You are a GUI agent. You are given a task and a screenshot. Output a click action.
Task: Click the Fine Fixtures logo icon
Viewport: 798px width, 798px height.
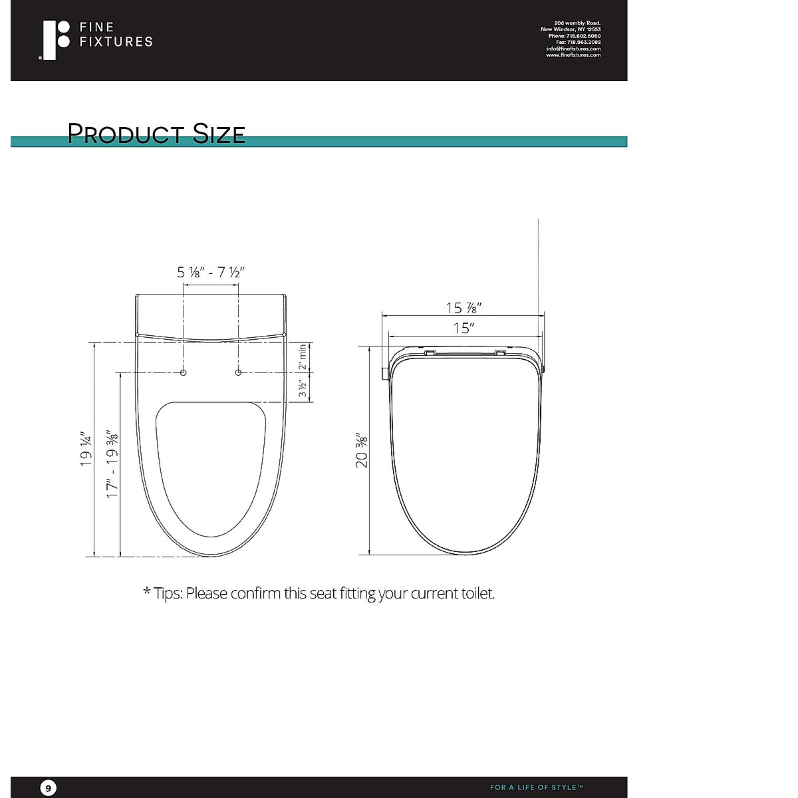coord(55,40)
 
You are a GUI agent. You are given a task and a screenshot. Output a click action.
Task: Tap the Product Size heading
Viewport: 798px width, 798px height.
coord(156,134)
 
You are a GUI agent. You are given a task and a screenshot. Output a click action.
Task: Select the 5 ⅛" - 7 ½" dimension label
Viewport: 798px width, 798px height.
coord(211,272)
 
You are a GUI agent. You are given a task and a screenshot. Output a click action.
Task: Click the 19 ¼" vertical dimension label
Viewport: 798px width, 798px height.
coord(87,449)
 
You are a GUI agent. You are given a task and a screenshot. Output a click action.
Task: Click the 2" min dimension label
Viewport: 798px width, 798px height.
coord(303,357)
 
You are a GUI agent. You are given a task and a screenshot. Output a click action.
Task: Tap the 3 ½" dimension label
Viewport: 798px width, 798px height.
coord(303,388)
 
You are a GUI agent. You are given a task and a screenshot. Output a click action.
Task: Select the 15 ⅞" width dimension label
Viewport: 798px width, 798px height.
coord(463,308)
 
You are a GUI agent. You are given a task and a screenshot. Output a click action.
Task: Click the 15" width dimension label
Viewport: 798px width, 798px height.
coord(463,329)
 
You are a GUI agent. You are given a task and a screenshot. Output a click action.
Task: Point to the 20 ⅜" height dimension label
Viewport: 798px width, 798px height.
coord(362,451)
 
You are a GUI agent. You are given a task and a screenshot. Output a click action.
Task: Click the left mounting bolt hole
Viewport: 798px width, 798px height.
coord(184,372)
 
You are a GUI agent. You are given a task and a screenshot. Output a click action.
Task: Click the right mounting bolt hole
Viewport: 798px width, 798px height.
coord(238,372)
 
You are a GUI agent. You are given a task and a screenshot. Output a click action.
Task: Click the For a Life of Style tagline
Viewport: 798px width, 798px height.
coord(537,787)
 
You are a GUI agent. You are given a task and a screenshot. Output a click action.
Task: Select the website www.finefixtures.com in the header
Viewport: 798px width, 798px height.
coord(573,55)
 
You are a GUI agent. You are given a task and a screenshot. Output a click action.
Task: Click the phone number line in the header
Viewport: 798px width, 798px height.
coord(574,36)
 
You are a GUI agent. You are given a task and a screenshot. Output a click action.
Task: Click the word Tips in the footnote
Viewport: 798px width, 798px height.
coord(168,593)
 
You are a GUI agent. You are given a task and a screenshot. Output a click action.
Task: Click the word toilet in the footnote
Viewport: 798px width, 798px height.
coord(477,593)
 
